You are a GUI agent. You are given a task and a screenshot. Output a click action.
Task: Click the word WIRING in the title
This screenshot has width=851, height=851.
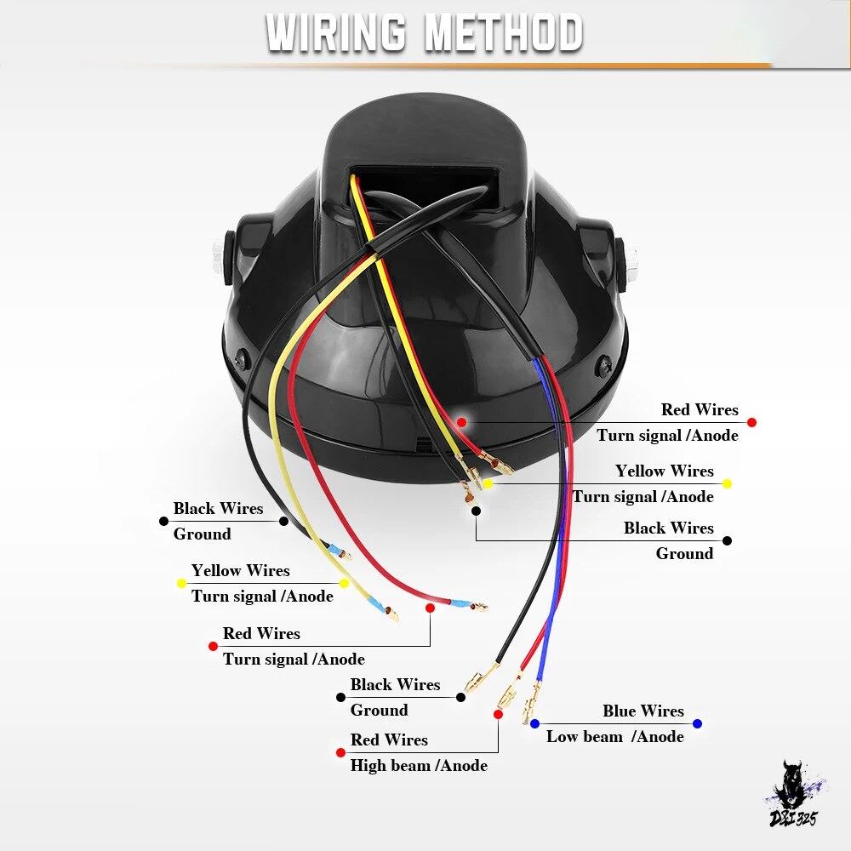[x=336, y=32]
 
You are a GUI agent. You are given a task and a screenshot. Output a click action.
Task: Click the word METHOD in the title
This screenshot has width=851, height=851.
[x=504, y=32]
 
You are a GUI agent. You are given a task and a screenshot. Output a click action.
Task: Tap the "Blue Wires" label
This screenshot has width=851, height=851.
[x=643, y=711]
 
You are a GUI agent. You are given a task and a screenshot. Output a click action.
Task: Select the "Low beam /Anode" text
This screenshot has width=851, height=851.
[x=615, y=736]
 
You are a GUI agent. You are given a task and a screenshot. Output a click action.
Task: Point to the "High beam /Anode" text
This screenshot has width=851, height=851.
[x=419, y=765]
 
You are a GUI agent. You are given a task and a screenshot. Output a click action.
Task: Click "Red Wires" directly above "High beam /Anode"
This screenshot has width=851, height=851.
[x=389, y=740]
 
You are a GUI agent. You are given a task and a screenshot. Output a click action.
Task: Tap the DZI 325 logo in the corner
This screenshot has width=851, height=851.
[x=795, y=796]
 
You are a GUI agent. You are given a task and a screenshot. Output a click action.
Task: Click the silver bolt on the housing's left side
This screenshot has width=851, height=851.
[x=217, y=259]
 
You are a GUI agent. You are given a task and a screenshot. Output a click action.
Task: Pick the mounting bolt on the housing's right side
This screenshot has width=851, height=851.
[x=632, y=265]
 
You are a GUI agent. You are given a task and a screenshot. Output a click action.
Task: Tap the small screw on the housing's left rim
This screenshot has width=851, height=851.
[x=243, y=358]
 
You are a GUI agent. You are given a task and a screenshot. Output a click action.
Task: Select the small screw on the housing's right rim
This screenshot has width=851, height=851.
[x=603, y=367]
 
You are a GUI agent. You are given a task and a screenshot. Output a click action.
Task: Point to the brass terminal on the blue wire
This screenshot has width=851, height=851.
[x=531, y=703]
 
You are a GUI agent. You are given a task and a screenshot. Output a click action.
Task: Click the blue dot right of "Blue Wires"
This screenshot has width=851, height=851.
[x=698, y=723]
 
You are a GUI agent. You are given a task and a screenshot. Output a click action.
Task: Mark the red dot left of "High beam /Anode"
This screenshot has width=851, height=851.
[x=340, y=753]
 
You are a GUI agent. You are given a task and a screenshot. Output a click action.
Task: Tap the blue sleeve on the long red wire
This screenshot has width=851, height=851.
[x=460, y=603]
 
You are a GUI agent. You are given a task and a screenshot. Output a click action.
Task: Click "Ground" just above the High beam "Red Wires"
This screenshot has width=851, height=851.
[x=379, y=710]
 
